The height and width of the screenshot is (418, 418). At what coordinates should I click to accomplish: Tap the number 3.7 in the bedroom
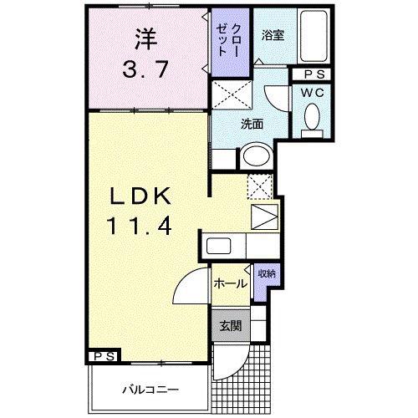pos(145,69)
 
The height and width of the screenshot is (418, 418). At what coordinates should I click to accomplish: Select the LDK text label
pos(140,196)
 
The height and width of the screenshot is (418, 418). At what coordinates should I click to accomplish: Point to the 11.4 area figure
pos(139,226)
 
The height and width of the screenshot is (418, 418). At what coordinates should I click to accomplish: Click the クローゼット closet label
pos(228,41)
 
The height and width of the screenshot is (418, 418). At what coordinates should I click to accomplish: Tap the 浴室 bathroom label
pos(273,35)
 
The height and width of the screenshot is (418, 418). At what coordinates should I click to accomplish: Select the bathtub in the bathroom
pos(313,36)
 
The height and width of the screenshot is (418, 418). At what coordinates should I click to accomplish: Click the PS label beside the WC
pos(314,74)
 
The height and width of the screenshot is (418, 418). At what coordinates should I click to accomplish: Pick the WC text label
pos(313,93)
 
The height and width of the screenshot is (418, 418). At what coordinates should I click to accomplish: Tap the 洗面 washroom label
pos(252,125)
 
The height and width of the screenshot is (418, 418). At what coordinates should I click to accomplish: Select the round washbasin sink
pos(257,155)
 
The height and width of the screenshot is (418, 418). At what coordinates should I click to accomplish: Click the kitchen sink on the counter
pos(218,246)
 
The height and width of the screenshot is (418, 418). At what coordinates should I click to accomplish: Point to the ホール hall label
pos(230,284)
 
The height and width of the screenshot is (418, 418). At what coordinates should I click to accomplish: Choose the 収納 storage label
pos(267,274)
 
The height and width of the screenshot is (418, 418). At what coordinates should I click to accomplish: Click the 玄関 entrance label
pos(231,326)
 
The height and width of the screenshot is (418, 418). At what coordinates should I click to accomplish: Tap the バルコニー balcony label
pos(150,390)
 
